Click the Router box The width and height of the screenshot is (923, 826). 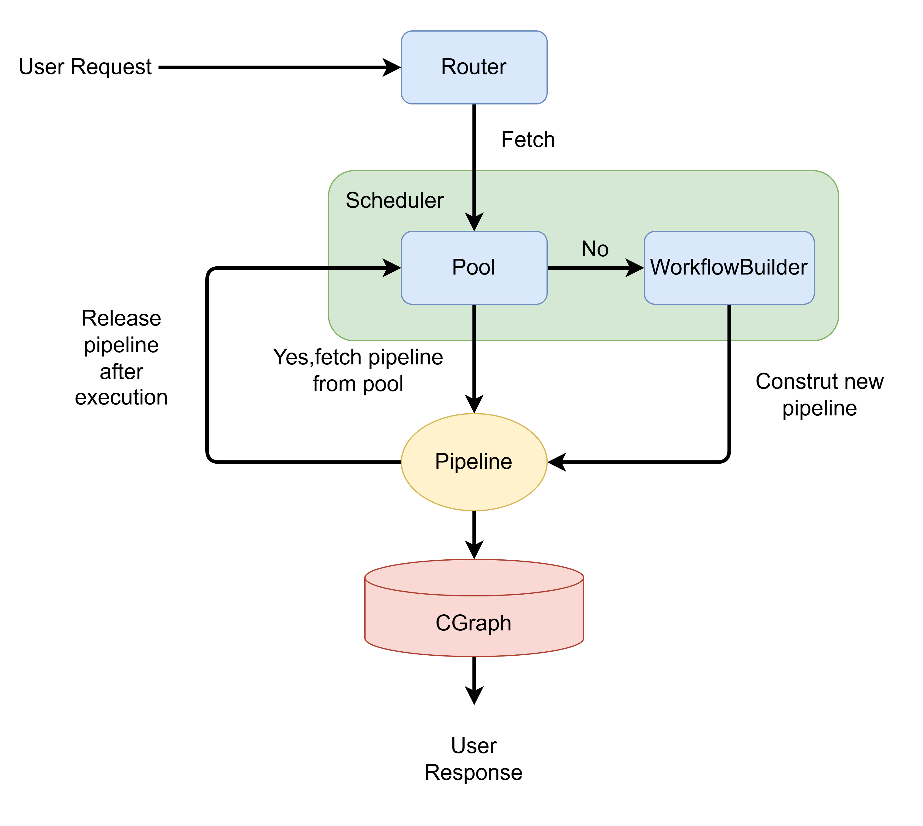(x=474, y=86)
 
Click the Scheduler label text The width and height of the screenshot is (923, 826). (x=394, y=200)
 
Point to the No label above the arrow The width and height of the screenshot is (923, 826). (x=594, y=249)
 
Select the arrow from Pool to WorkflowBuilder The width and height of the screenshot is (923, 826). (x=585, y=268)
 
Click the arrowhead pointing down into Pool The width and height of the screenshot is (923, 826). (x=474, y=222)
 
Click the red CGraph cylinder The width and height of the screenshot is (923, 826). (x=474, y=640)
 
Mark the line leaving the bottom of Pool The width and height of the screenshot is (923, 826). (x=474, y=322)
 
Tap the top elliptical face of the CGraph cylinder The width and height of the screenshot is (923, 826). (x=474, y=577)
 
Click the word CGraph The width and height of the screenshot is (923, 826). (x=473, y=623)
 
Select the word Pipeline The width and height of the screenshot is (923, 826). (x=473, y=462)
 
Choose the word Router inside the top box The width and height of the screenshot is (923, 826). (x=473, y=67)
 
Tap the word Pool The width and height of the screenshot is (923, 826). (x=473, y=267)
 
